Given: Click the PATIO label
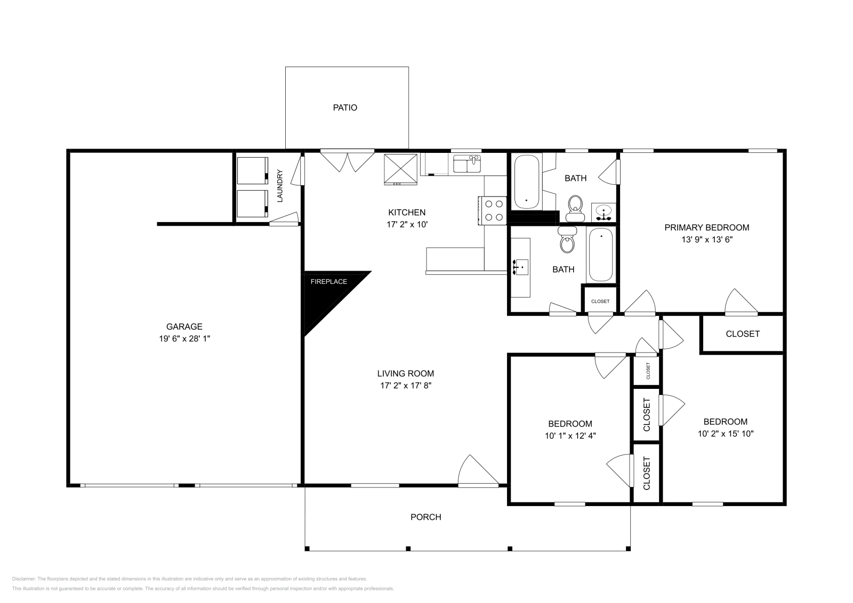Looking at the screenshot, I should tap(345, 108).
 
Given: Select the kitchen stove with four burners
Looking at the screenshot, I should tap(493, 210).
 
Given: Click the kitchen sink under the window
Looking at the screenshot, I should tap(467, 164).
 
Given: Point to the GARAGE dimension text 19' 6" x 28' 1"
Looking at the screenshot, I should tap(184, 338).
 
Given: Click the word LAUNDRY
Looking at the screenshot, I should tap(279, 186).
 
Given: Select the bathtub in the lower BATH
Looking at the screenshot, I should tap(600, 254).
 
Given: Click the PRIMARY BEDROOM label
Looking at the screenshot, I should tap(706, 227).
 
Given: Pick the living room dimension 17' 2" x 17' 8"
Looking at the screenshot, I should tap(405, 386).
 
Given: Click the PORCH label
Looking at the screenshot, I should tap(425, 517).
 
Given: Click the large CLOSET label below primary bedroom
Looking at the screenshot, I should tap(742, 334).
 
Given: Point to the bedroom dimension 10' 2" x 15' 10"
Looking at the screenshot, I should tap(725, 434).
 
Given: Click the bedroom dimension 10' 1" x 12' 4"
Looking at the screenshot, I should tap(570, 435).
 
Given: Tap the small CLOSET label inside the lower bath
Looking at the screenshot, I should tap(600, 301).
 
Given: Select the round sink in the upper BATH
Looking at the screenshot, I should tap(603, 211).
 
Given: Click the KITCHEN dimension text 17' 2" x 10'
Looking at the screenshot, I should tap(407, 225).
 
